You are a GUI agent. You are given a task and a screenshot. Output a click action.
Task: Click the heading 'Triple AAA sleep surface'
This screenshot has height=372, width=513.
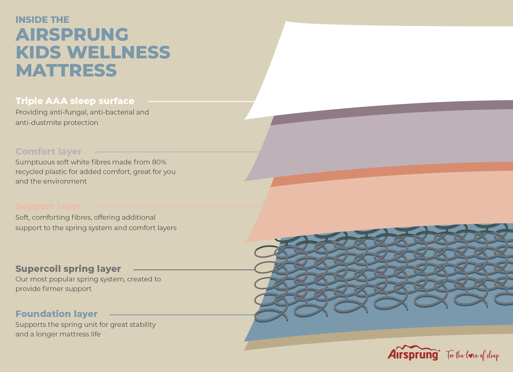75,101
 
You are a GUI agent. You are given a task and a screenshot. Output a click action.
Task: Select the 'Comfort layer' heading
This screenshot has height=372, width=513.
48,151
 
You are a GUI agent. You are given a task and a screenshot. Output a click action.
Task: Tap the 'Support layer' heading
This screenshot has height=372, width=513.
48,206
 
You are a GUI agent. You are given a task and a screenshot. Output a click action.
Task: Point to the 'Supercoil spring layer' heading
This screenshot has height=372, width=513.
68,269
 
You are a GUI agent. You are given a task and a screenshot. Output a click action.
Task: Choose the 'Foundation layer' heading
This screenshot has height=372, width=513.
56,314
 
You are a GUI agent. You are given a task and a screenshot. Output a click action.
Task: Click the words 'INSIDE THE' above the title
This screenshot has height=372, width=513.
42,20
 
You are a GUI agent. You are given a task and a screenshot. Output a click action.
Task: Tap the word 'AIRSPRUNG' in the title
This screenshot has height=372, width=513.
72,34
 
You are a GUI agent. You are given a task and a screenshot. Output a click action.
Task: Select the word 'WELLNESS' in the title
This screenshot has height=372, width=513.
119,52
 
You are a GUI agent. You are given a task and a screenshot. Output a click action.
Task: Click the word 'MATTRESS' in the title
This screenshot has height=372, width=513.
66,70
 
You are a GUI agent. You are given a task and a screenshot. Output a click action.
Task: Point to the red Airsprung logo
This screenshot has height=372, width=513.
414,353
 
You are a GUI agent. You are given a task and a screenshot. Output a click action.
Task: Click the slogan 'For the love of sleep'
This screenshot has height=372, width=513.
473,355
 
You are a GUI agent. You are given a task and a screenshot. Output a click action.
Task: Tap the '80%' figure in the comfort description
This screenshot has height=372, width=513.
159,162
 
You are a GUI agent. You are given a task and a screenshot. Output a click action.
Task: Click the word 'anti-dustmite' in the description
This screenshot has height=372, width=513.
39,123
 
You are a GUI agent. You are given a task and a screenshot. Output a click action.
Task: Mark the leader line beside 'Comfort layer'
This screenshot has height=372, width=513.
177,152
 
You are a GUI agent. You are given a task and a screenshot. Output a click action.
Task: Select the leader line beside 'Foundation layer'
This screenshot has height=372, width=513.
182,315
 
